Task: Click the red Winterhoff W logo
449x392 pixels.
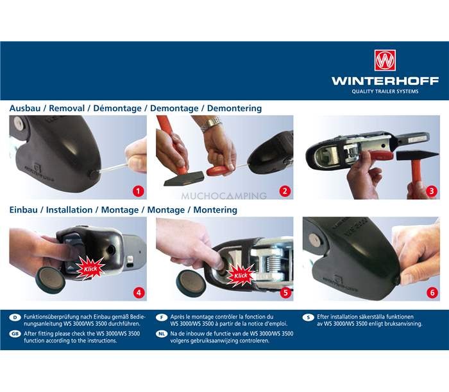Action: pyautogui.click(x=385, y=60)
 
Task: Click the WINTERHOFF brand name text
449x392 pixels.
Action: pyautogui.click(x=385, y=81)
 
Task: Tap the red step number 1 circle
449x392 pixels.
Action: pyautogui.click(x=139, y=191)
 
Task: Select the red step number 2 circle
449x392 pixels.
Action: pyautogui.click(x=285, y=191)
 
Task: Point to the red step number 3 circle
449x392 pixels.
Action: pyautogui.click(x=432, y=191)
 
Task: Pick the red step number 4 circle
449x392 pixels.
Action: pyautogui.click(x=139, y=292)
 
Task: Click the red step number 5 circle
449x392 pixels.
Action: pyautogui.click(x=285, y=292)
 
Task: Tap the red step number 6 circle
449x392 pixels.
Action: pyautogui.click(x=432, y=292)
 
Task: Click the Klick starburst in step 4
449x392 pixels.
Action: pyautogui.click(x=90, y=269)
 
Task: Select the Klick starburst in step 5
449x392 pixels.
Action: pyautogui.click(x=241, y=276)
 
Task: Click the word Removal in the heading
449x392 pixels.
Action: pyautogui.click(x=67, y=108)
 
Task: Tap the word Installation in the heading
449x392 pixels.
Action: pyautogui.click(x=69, y=209)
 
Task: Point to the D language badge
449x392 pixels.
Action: pyautogui.click(x=15, y=317)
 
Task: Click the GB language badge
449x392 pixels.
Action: pyautogui.click(x=15, y=334)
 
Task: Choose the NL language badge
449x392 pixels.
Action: pyautogui.click(x=162, y=334)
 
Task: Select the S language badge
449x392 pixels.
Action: pyautogui.click(x=308, y=317)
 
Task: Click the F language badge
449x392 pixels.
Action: pyautogui.click(x=162, y=317)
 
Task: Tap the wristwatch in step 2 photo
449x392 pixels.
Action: pyautogui.click(x=212, y=123)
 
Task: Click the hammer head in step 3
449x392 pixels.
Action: pyautogui.click(x=417, y=156)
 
